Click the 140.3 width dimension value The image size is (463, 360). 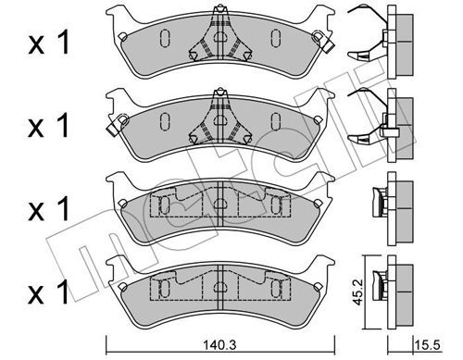point(220,344)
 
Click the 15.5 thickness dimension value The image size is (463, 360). point(428,344)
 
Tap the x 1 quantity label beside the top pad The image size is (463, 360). point(49,44)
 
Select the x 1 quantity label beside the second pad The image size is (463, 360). point(48,126)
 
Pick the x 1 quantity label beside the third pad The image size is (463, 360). point(48,209)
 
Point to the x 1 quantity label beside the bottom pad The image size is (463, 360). point(48,292)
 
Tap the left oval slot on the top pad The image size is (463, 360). point(165,38)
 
